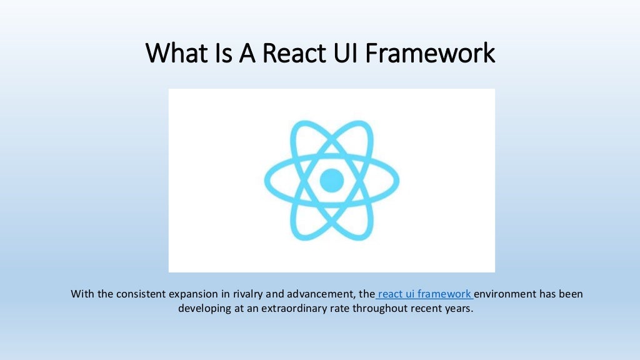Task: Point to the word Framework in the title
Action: click(431, 53)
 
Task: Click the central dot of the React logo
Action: click(332, 181)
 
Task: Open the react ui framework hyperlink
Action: click(425, 293)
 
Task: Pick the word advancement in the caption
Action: click(316, 293)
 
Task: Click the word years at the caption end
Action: click(459, 308)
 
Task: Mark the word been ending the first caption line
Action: click(571, 293)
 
